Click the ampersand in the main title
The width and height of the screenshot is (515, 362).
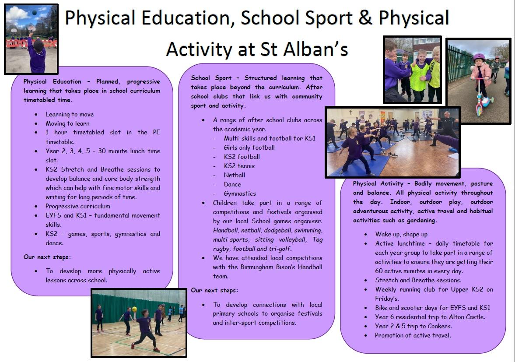tap(365, 18)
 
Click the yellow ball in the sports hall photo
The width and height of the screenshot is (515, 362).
tap(134, 309)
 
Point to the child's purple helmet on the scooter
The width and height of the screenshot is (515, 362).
tap(479, 57)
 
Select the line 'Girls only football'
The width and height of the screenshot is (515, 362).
tap(249, 148)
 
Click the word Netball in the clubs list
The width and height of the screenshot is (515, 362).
tap(235, 175)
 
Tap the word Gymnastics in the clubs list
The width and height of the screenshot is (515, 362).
tap(240, 194)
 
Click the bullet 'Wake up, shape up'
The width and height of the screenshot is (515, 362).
tap(401, 234)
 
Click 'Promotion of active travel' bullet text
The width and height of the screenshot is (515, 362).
tap(413, 335)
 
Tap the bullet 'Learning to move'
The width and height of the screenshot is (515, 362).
tap(70, 114)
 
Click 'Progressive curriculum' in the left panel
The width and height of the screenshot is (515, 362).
tap(78, 206)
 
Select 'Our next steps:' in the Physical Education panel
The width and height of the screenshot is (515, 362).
tap(47, 257)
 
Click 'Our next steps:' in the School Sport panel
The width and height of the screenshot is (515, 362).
tap(214, 290)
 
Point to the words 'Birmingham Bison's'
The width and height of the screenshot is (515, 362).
tap(268, 267)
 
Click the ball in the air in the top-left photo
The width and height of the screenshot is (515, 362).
tap(34, 13)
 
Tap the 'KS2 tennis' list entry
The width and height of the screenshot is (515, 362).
tap(239, 166)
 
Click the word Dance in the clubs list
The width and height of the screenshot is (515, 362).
tap(232, 184)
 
